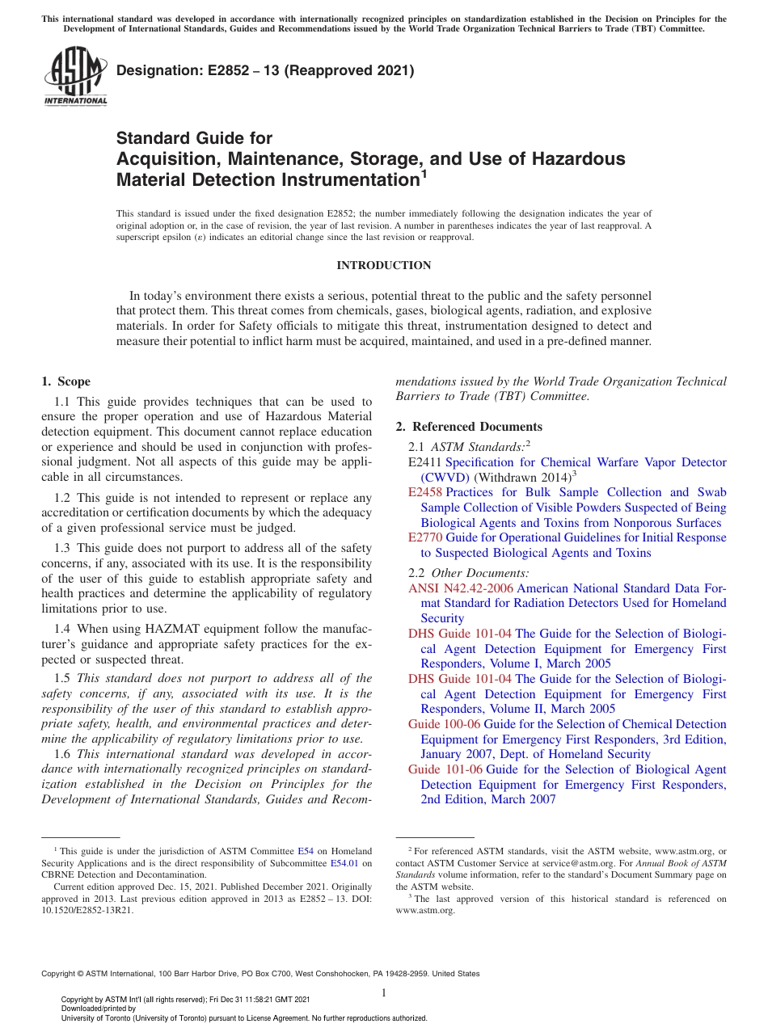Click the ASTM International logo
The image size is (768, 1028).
point(75,77)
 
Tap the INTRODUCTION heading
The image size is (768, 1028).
point(383,266)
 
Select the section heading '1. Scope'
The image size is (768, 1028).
point(66,382)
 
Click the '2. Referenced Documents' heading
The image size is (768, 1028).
point(469,427)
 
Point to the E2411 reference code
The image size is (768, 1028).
point(425,463)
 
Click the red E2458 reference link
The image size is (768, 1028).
point(425,493)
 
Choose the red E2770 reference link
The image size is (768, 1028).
point(425,538)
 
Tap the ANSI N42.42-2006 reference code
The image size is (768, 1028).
point(461,588)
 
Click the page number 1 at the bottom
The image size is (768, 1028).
point(384,992)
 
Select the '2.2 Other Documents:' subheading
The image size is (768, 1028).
point(469,573)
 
